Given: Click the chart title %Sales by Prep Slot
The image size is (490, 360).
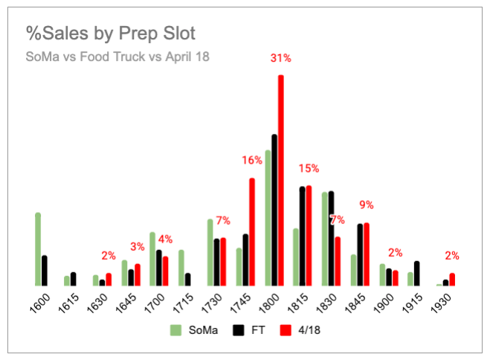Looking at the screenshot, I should click(111, 33).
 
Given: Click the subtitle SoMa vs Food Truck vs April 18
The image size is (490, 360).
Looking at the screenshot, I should click(118, 57).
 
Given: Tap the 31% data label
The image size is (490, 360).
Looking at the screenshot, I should click(280, 59).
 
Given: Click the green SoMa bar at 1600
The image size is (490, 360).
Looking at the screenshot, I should click(38, 249).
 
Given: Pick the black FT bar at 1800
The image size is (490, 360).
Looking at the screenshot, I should click(274, 210).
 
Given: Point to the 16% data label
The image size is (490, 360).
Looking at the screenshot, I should click(251, 160).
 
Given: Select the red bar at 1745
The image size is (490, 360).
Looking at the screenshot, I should click(252, 231).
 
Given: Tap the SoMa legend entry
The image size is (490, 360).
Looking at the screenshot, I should click(194, 330).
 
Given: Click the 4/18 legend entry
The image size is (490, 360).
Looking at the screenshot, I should click(297, 330).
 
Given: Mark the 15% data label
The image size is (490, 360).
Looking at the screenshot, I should click(309, 168).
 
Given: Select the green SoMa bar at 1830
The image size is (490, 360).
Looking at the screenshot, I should click(324, 239).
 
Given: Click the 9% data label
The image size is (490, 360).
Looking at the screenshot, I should click(366, 205).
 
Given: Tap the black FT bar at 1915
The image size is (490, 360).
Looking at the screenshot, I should click(416, 273).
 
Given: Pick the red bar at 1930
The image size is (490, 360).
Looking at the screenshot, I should click(451, 279).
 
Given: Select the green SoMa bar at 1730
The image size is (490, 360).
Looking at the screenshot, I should click(210, 252).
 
